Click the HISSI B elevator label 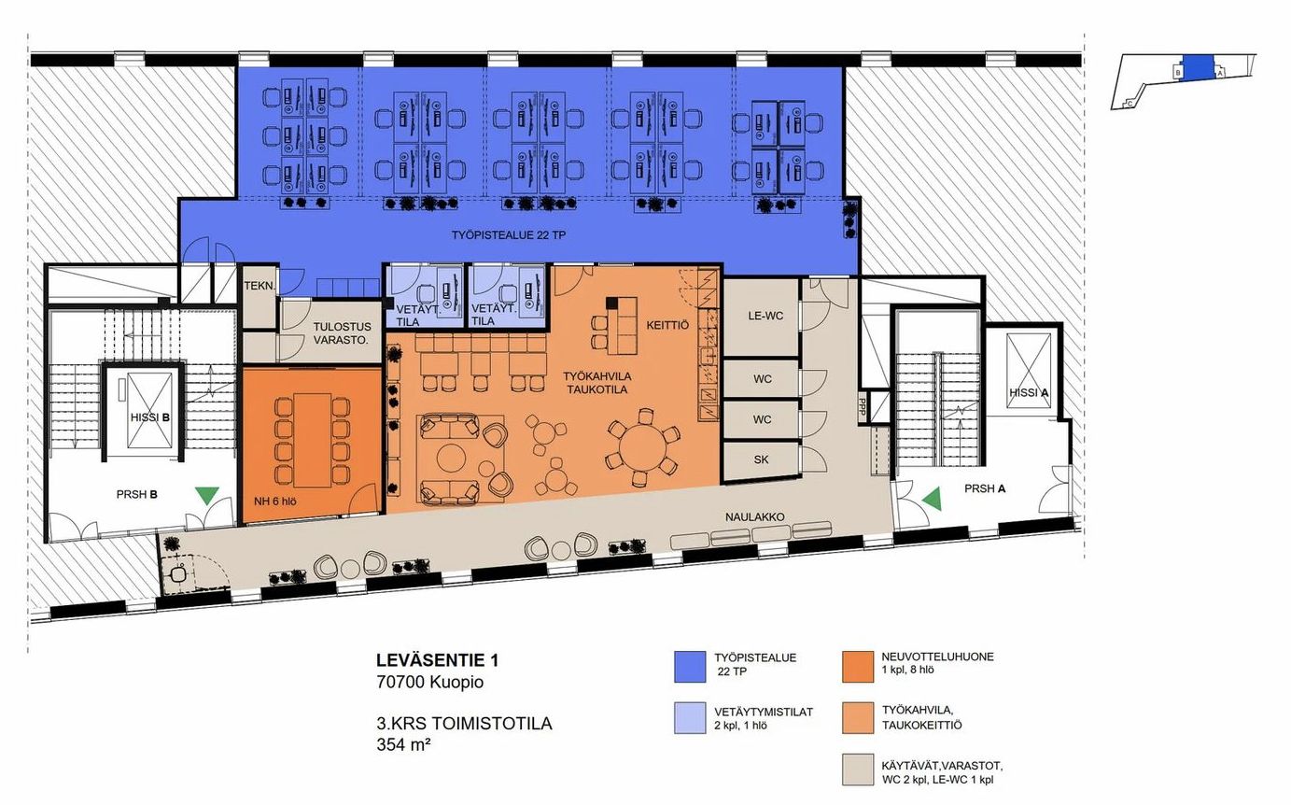pyautogui.click(x=150, y=417)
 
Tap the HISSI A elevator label pyautogui.click(x=1029, y=393)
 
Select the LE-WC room pyautogui.click(x=761, y=318)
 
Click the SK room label pyautogui.click(x=761, y=459)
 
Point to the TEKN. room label pyautogui.click(x=260, y=286)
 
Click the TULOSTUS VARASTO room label pyautogui.click(x=341, y=333)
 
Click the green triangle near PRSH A pyautogui.click(x=933, y=499)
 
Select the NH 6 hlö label pyautogui.click(x=275, y=501)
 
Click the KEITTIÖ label pyautogui.click(x=667, y=325)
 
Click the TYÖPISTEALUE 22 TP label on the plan pyautogui.click(x=509, y=235)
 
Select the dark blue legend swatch pyautogui.click(x=690, y=667)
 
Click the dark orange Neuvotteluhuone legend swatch pyautogui.click(x=858, y=667)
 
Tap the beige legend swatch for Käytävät pyautogui.click(x=858, y=770)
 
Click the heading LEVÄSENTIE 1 pyautogui.click(x=438, y=660)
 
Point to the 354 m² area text pyautogui.click(x=403, y=744)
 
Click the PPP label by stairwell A pyautogui.click(x=863, y=407)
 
